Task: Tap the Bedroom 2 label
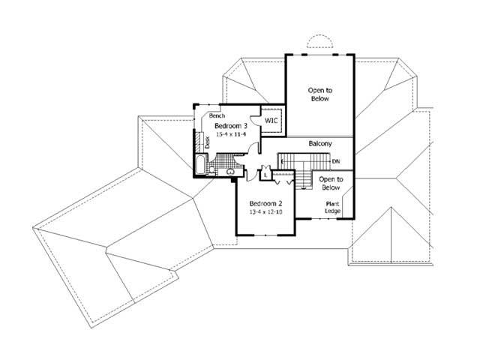tap(265, 203)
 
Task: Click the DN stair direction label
tap(336, 161)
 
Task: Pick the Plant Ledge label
tap(333, 208)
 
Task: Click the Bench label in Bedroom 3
tap(217, 116)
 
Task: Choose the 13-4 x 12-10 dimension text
tap(265, 212)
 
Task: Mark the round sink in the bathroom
tap(230, 172)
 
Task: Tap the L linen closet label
tap(265, 175)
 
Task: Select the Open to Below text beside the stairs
tap(331, 184)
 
